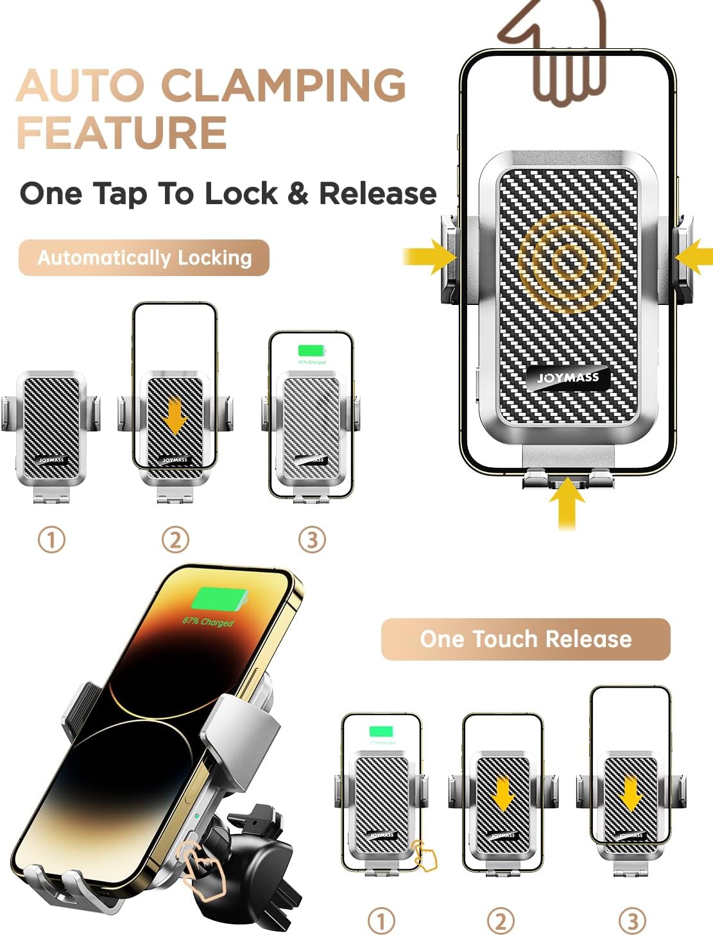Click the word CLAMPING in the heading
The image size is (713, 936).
click(x=283, y=85)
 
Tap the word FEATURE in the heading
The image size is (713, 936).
click(x=122, y=133)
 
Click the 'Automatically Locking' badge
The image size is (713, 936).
click(x=144, y=257)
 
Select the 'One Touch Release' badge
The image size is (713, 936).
click(x=526, y=639)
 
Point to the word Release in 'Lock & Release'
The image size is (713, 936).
click(x=377, y=193)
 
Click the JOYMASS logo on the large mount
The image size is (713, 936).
click(x=568, y=377)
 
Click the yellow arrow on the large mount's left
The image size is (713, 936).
click(x=431, y=257)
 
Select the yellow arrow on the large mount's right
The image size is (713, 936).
click(x=694, y=257)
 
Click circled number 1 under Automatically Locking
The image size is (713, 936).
click(x=52, y=539)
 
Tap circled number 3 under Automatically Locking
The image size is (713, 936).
click(x=312, y=539)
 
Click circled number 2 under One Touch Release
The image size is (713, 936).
click(x=501, y=921)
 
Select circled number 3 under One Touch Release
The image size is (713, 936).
click(x=631, y=921)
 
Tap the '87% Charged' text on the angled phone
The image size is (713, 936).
click(x=208, y=621)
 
